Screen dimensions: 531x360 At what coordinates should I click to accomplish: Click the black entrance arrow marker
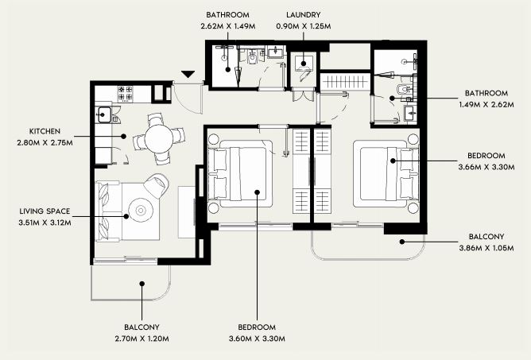pyautogui.click(x=188, y=74)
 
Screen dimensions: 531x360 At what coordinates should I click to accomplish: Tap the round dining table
pyautogui.click(x=159, y=139)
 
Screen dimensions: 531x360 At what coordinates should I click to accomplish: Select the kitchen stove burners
pyautogui.click(x=126, y=94)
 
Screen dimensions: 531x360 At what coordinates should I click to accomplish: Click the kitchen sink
pyautogui.click(x=104, y=114)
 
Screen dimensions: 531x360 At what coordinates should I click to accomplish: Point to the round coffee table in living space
pyautogui.click(x=140, y=211)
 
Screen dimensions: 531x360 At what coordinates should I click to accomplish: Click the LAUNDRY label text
pyautogui.click(x=303, y=15)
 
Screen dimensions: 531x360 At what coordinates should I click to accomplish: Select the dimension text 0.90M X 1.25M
pyautogui.click(x=304, y=26)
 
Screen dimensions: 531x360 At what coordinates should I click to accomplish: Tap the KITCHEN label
pyautogui.click(x=45, y=131)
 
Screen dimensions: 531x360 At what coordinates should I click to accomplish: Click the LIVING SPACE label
pyautogui.click(x=45, y=211)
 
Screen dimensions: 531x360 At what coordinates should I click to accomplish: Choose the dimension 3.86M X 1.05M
pyautogui.click(x=486, y=248)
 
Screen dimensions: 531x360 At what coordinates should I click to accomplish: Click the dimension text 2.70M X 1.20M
pyautogui.click(x=142, y=339)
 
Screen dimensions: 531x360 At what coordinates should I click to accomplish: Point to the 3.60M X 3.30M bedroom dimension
pyautogui.click(x=257, y=339)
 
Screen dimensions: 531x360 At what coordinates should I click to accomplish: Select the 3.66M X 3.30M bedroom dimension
pyautogui.click(x=486, y=167)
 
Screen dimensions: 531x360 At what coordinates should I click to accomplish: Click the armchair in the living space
pyautogui.click(x=157, y=186)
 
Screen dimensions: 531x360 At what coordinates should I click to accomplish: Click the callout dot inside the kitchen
pyautogui.click(x=123, y=136)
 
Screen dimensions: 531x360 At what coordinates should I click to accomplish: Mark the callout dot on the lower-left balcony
pyautogui.click(x=142, y=284)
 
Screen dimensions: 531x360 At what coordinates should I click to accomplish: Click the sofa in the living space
pyautogui.click(x=108, y=211)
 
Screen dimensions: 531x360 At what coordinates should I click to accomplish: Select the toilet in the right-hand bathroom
pyautogui.click(x=403, y=89)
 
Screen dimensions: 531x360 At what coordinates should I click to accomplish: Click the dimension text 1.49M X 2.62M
pyautogui.click(x=486, y=105)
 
